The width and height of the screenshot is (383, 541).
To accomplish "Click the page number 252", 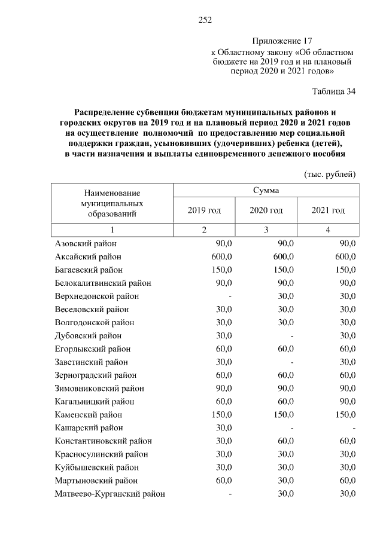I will point(205,20).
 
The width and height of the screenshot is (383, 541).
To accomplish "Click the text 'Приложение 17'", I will point(282,41).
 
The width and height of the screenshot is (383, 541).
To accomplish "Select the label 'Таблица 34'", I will point(334,91).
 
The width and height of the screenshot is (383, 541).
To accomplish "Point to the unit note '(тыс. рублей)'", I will point(330,174).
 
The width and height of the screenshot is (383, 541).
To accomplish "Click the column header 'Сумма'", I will point(266,190).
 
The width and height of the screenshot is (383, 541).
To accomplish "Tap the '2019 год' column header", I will point(204,210).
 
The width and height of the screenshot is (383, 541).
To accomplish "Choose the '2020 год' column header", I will point(266,210).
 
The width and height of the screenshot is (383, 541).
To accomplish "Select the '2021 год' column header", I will point(328,210).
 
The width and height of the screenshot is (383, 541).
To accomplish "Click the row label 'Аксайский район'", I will point(88,257).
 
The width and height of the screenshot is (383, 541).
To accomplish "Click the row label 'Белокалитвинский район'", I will point(103,283).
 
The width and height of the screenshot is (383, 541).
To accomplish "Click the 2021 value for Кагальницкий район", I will point(347,402).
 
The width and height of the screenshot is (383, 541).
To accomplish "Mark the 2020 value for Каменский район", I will point(283,415).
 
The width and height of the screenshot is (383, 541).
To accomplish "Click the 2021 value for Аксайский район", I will point(345,257).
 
